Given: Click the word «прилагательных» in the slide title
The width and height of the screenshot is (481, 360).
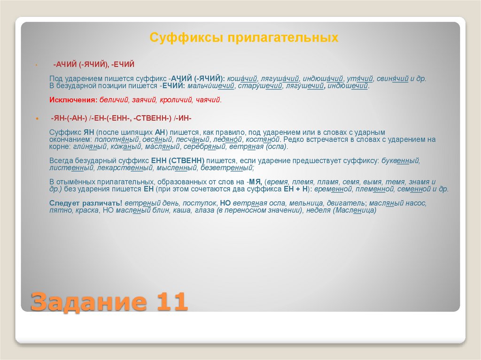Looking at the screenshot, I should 283,38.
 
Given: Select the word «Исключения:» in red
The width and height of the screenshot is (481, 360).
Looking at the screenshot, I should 73,100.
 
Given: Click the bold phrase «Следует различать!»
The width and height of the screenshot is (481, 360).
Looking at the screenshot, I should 86,203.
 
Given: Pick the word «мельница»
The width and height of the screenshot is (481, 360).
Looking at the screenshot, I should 298,203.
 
